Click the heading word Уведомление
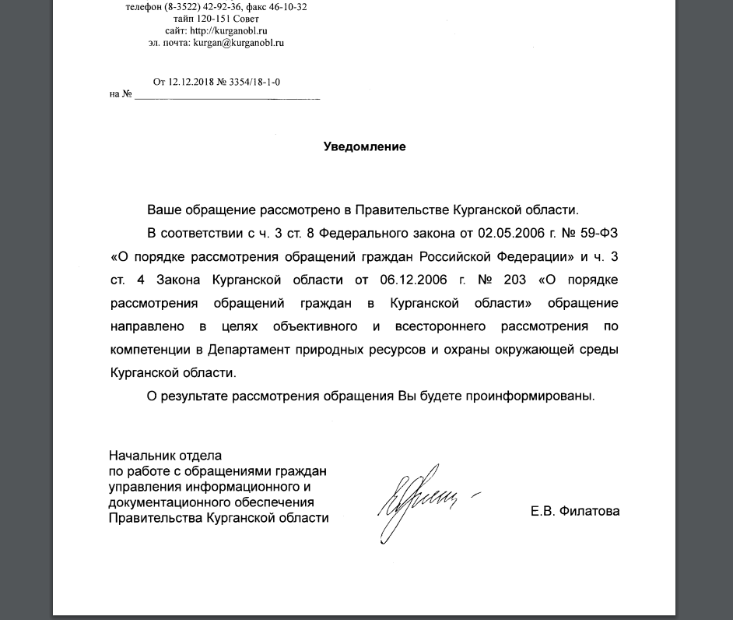coord(364,146)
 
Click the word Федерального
coord(364,233)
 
